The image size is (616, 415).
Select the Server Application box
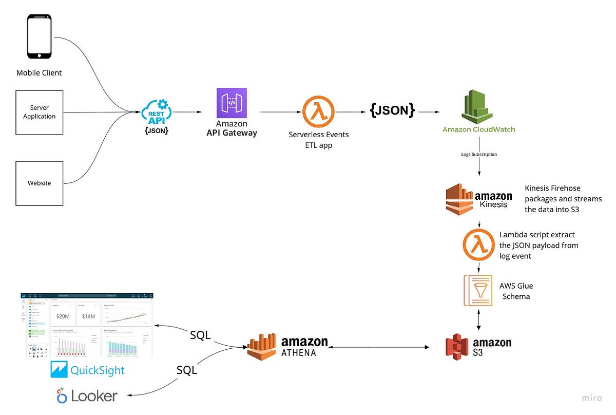click(40, 112)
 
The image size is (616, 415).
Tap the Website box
click(40, 183)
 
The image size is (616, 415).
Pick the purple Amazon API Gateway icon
click(232, 103)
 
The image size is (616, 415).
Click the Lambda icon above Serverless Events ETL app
click(318, 111)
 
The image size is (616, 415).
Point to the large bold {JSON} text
click(392, 111)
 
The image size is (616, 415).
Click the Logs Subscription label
click(478, 154)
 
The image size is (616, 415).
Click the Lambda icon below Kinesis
click(478, 244)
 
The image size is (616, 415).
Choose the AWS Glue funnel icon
click(478, 291)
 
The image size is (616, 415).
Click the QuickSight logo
click(88, 370)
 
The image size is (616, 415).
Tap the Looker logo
click(87, 396)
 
